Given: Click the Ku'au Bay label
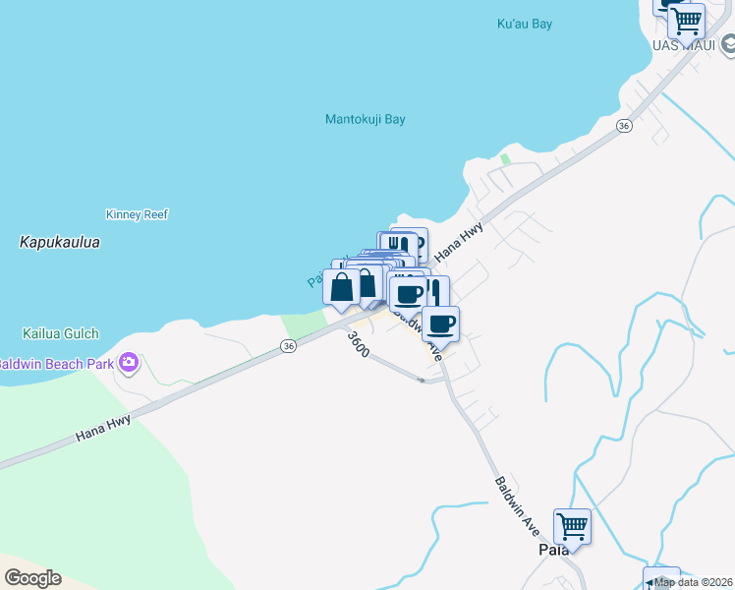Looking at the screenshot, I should click(x=525, y=24).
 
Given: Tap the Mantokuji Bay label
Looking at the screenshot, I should click(x=366, y=120).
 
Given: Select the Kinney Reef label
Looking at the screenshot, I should click(x=137, y=214).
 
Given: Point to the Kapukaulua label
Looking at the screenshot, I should click(x=60, y=241).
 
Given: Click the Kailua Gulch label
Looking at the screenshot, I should click(x=61, y=333).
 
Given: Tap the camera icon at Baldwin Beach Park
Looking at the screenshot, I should click(x=128, y=364).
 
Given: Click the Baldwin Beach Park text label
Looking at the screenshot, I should click(x=55, y=364).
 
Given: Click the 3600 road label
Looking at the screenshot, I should click(x=358, y=343).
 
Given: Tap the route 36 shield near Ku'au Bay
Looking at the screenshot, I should click(x=623, y=126).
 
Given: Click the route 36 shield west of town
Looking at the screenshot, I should click(x=287, y=346).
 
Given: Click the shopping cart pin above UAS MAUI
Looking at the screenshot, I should click(x=686, y=19).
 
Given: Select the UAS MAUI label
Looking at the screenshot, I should click(x=683, y=45).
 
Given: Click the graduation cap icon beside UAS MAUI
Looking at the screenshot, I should click(x=728, y=44).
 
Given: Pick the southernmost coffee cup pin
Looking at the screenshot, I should click(x=441, y=324).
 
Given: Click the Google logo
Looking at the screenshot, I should click(x=32, y=578).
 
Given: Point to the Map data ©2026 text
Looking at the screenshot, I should click(x=694, y=582).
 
